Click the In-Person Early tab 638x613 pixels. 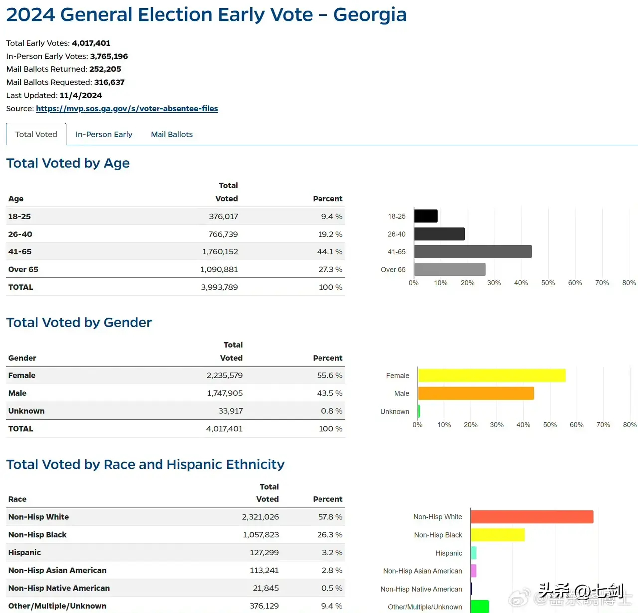click(104, 134)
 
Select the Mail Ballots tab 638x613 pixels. click(171, 134)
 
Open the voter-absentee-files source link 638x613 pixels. click(127, 108)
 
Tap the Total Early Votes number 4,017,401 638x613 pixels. click(91, 43)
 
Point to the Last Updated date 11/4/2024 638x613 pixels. click(81, 95)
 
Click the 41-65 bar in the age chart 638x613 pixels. click(473, 251)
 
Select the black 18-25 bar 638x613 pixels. click(426, 216)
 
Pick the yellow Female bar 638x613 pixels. click(491, 375)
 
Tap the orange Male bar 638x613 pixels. click(476, 393)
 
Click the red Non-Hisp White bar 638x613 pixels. click(531, 517)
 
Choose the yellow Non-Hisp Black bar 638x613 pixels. click(497, 535)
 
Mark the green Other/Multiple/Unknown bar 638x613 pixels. click(479, 606)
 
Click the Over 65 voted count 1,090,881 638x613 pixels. click(219, 269)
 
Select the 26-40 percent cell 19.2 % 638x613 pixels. click(330, 234)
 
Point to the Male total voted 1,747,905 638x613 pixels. click(225, 393)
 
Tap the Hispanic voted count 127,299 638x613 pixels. click(264, 552)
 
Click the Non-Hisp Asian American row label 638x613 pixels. click(57, 570)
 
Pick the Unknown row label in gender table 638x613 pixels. click(26, 411)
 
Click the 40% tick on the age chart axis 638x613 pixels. click(521, 283)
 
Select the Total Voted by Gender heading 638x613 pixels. click(79, 322)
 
